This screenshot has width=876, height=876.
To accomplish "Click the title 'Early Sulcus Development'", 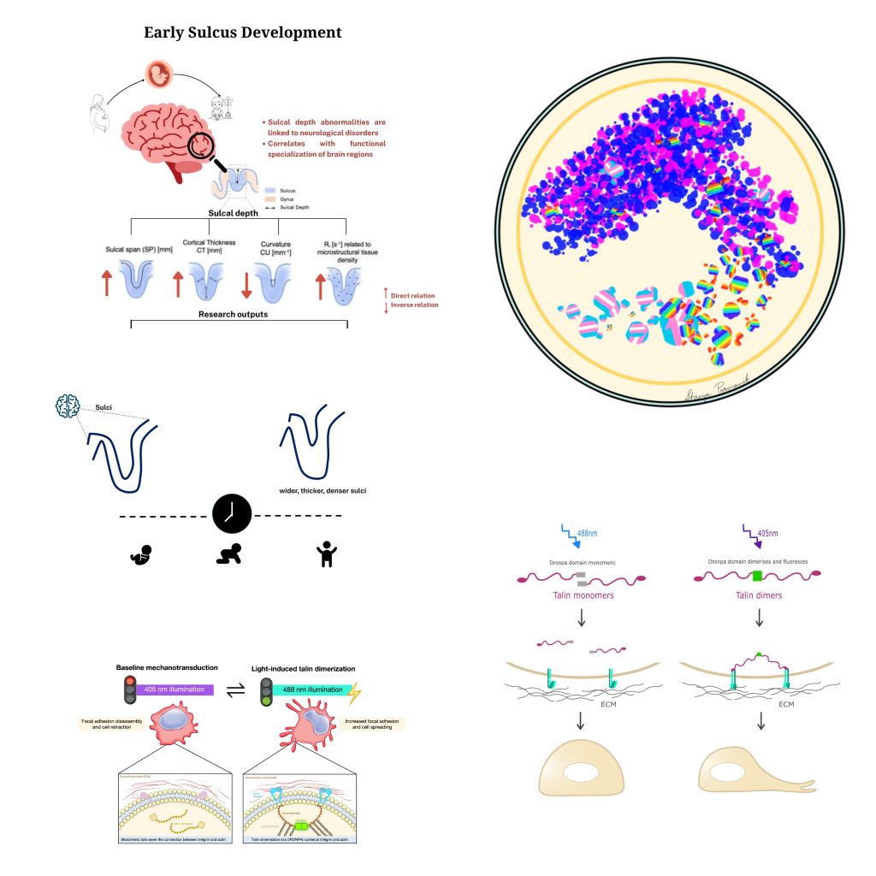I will (243, 33).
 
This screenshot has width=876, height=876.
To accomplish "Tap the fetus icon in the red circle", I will (158, 74).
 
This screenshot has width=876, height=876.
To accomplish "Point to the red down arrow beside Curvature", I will (246, 284).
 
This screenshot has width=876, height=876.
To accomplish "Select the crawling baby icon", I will (230, 556).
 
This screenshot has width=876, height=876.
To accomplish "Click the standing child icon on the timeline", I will (325, 556).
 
